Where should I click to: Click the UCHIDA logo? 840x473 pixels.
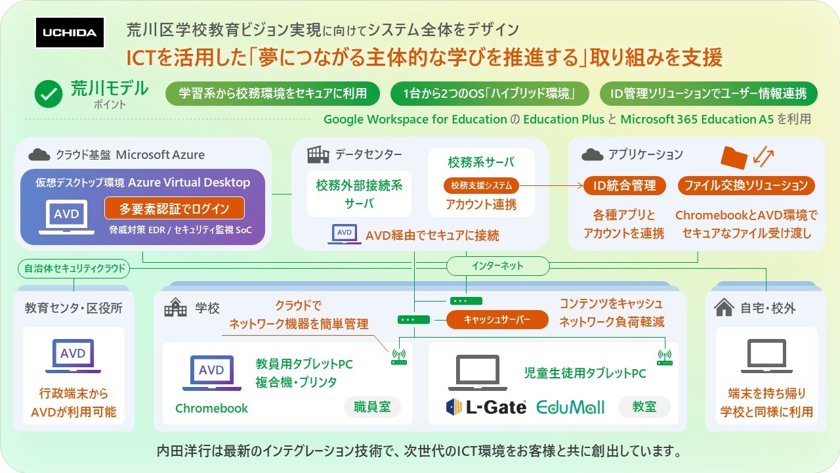(70, 33)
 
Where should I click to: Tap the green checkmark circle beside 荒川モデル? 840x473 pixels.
(48, 95)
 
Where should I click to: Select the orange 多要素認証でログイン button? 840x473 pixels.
(174, 209)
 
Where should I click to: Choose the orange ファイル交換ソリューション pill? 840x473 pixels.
(746, 185)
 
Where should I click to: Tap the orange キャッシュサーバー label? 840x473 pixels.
(497, 320)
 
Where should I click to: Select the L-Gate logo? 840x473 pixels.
(486, 407)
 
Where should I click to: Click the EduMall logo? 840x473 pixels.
(570, 407)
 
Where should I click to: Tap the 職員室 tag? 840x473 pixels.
(372, 407)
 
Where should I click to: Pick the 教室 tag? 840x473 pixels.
(644, 407)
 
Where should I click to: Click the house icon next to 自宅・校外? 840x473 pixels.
(724, 307)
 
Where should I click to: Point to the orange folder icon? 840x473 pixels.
(734, 157)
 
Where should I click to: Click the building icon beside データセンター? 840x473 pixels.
(318, 154)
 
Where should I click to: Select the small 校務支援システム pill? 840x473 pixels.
(481, 185)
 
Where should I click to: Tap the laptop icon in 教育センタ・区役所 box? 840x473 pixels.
(73, 357)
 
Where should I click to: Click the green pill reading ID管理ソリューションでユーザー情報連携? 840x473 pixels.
(709, 94)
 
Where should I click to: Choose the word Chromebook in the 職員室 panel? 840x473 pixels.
(211, 408)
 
